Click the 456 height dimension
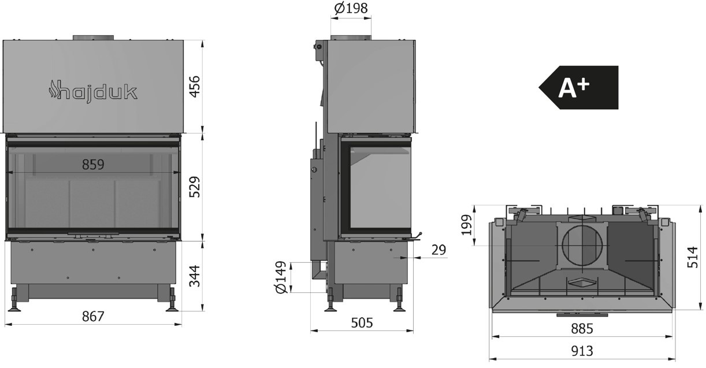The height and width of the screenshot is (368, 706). click(195, 86)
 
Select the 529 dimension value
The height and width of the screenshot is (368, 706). click(195, 187)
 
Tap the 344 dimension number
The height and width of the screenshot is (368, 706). click(195, 276)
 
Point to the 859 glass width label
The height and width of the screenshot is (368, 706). click(93, 165)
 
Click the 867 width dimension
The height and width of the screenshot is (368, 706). click(93, 317)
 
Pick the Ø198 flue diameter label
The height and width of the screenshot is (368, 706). click(351, 8)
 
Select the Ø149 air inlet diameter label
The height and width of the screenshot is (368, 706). click(281, 277)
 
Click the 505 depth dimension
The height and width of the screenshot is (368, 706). click(362, 322)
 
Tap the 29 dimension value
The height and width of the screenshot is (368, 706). click(439, 250)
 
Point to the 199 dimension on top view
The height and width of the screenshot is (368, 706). click(467, 225)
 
